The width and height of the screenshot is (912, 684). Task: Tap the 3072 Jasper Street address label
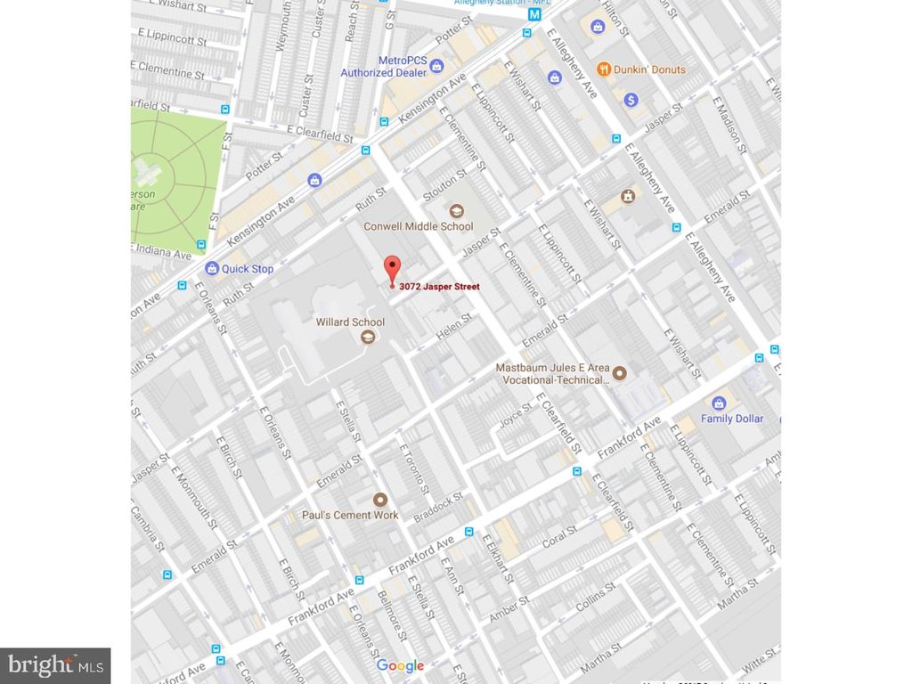point(439,287)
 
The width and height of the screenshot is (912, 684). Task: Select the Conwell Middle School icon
point(456,211)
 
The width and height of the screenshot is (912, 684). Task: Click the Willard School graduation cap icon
point(367,337)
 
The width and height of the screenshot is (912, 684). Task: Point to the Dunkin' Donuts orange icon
point(604,69)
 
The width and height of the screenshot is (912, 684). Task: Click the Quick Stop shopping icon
point(212,268)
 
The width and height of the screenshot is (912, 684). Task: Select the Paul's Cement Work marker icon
point(380,500)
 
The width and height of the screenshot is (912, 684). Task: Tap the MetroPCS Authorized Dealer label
point(385,67)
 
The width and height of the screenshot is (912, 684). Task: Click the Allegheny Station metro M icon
point(535,14)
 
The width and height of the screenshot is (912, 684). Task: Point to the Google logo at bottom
point(400,665)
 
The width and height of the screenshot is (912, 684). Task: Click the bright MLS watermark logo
point(55,664)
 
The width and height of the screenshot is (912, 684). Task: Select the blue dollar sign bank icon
point(631,100)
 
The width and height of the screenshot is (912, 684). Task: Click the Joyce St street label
point(515,414)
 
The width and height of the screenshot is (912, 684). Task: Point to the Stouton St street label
point(445,185)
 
